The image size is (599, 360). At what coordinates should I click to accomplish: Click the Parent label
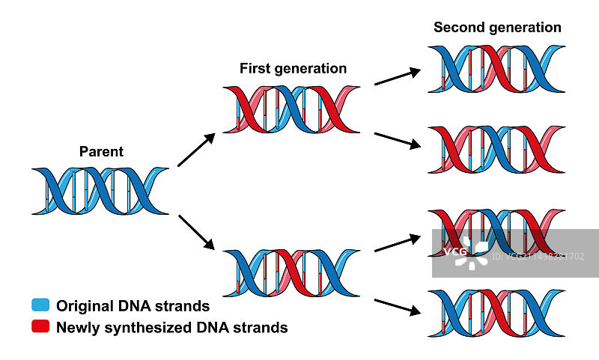(x=101, y=152)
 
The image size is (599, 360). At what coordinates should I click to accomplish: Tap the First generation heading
(x=293, y=69)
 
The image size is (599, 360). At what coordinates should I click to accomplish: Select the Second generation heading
(x=497, y=28)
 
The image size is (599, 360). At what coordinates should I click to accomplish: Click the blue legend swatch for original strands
(x=40, y=305)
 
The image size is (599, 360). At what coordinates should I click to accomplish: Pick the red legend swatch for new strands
(x=40, y=326)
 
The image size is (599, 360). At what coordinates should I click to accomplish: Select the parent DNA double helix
(x=101, y=192)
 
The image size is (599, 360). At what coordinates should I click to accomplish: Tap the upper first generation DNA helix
(x=291, y=110)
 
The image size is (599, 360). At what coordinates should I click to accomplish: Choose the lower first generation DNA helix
(x=291, y=273)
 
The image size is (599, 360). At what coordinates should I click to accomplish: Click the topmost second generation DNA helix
(x=496, y=69)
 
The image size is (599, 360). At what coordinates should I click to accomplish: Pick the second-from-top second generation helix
(x=496, y=150)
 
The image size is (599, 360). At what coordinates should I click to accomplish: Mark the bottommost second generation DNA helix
(x=496, y=312)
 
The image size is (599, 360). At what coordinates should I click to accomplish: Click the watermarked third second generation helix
(x=496, y=234)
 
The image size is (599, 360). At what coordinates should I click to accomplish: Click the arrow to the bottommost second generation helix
(x=396, y=308)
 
